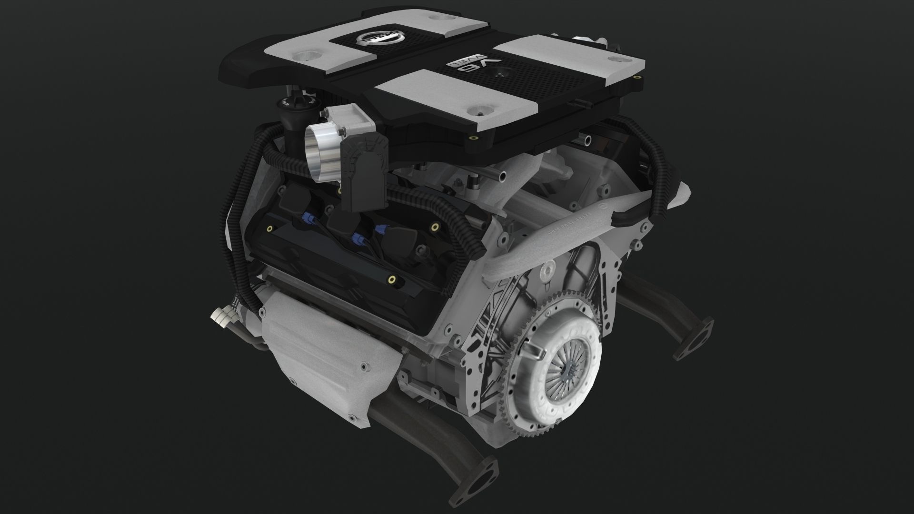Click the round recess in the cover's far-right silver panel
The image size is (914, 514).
[617, 59]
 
